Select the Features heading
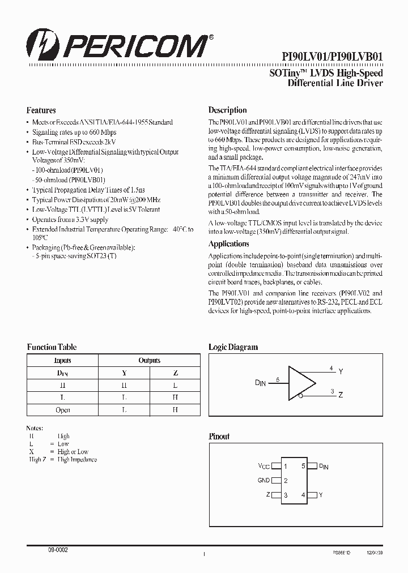click(41, 110)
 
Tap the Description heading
click(227, 110)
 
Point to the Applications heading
click(228, 244)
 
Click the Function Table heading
click(52, 347)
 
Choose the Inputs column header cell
click(62, 361)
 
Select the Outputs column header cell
click(149, 361)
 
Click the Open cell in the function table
click(62, 410)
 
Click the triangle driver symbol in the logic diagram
click(301, 385)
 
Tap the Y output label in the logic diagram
click(341, 372)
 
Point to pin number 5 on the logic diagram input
click(277, 379)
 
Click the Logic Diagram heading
click(233, 347)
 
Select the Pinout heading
click(219, 437)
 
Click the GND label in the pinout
click(263, 481)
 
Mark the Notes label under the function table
click(35, 427)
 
